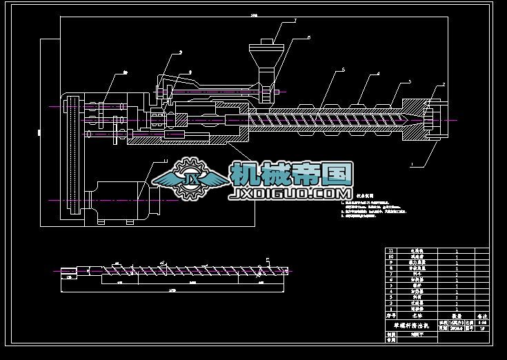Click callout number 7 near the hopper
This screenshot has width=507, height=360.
[x=295, y=21]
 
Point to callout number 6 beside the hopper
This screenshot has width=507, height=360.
[x=308, y=37]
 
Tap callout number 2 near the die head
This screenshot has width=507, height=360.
[x=444, y=84]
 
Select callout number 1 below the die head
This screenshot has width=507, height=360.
[x=411, y=166]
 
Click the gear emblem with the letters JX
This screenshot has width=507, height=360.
[x=190, y=179]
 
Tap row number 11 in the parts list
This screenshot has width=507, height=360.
[x=392, y=251]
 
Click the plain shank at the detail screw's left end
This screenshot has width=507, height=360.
[x=69, y=270]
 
